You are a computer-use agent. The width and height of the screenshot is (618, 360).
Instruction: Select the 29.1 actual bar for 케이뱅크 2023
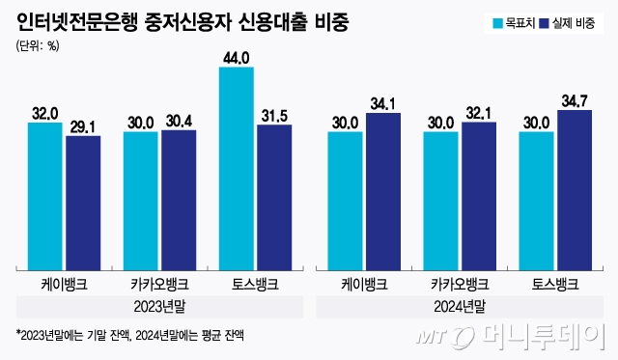coord(83,202)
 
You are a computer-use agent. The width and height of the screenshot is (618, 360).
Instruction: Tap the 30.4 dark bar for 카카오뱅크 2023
coord(179,199)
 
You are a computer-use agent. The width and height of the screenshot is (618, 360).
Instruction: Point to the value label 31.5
coord(274,116)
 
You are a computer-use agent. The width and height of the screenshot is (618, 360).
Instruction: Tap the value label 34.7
coord(576,100)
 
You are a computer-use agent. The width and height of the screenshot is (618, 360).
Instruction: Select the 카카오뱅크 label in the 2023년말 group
coord(159,285)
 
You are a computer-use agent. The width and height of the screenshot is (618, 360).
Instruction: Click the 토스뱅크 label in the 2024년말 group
coord(556,285)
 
